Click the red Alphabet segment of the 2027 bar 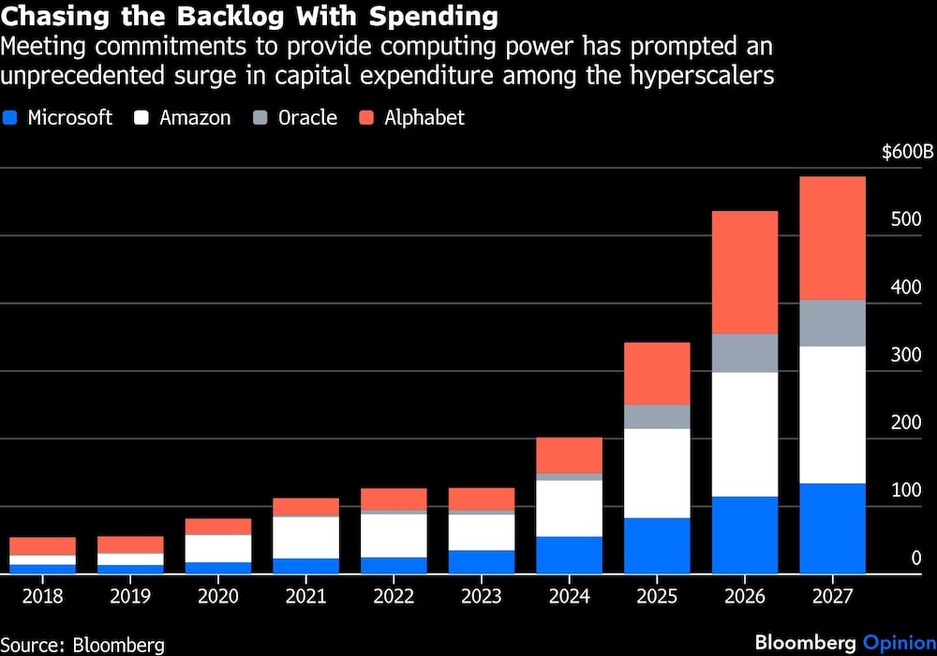coord(832,238)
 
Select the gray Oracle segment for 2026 coord(745,353)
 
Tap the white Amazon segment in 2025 coord(657,473)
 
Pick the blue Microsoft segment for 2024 coord(570,555)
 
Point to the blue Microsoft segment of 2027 coord(832,529)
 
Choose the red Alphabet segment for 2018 coord(43,545)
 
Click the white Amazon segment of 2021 coord(306,537)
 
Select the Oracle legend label coord(307,118)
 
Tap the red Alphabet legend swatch coord(367,118)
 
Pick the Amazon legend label coord(195,118)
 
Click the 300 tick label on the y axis coord(906,355)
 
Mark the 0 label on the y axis coord(915,559)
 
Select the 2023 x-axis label coord(482,596)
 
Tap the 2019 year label coord(130,596)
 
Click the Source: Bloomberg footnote coord(82,644)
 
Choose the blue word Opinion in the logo coord(898,643)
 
